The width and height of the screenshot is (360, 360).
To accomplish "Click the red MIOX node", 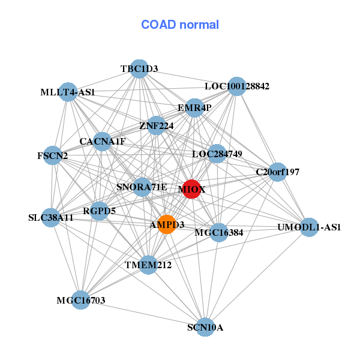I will pos(191,189).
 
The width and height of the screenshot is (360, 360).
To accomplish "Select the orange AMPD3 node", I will pos(167,224).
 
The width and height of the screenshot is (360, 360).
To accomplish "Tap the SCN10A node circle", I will pos(205,327).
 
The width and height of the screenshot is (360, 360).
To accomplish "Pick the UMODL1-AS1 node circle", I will pos(309,227).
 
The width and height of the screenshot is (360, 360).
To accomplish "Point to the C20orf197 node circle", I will pos(277,172).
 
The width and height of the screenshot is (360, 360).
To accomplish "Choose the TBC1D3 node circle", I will pos(139,69).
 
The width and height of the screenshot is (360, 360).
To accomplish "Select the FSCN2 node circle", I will pos(53,156).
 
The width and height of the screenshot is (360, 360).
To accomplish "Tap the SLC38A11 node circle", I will pos(51,217).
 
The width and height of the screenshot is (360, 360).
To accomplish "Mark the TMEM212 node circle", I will pos(149,264).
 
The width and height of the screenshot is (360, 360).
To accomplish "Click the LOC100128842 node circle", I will pos(237,86).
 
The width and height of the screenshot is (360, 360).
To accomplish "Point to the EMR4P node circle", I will pos(194,108).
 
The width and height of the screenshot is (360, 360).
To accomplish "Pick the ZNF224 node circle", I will pos(157,125).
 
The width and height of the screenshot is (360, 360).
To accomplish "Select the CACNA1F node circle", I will pos(103,142).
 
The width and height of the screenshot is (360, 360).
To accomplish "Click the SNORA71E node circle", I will pos(142,187).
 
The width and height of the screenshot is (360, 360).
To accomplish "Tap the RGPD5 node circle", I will pos(100,211).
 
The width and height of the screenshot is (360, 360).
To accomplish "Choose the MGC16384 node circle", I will pos(219,232).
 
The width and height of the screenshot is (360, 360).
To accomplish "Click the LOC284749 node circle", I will pos(217,154).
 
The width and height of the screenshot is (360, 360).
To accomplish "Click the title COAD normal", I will pos(180,25).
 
